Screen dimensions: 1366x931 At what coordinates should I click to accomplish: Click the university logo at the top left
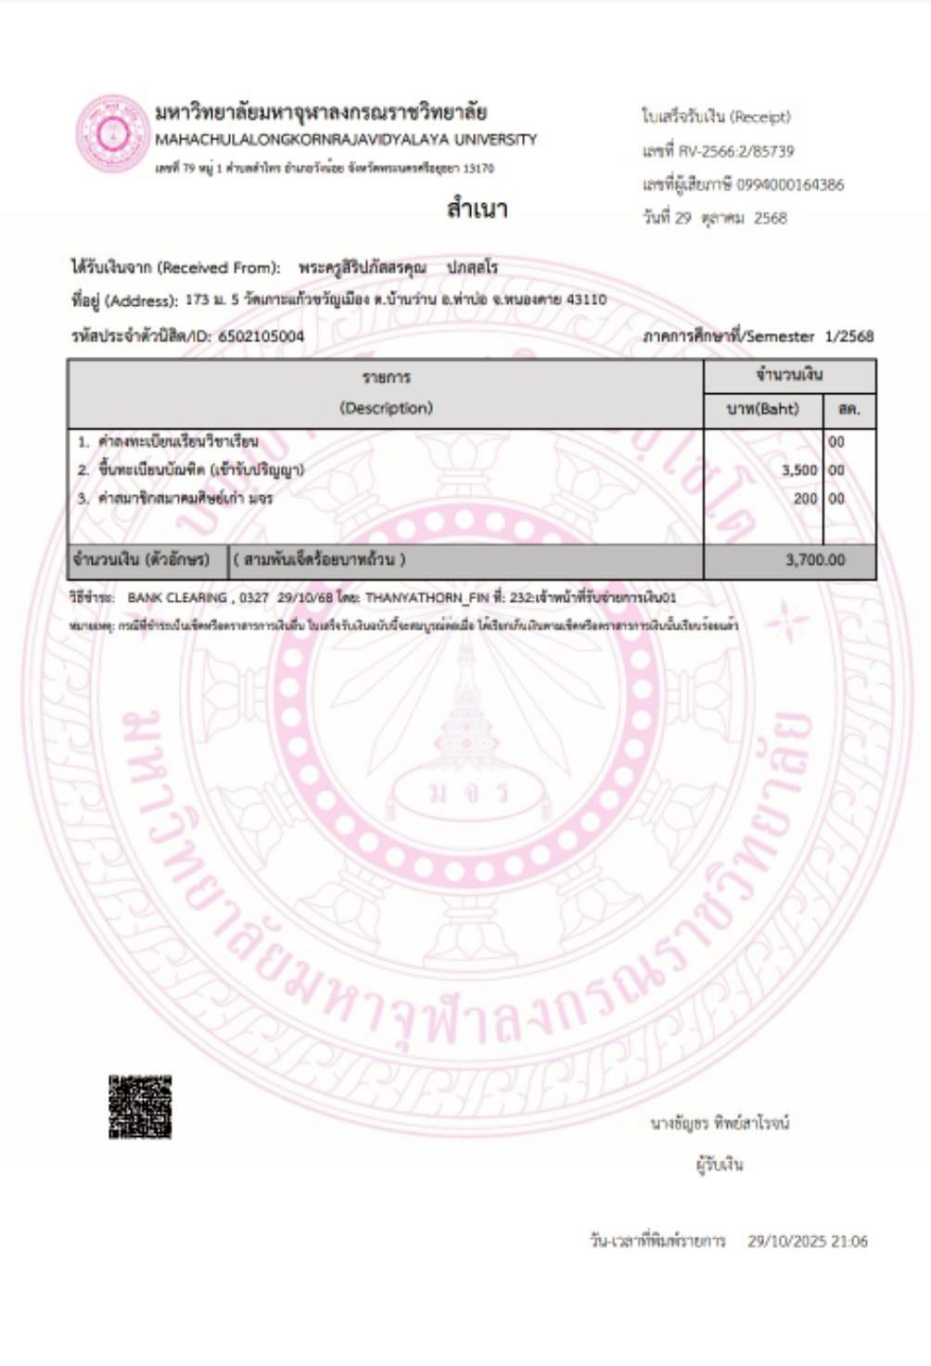point(112,133)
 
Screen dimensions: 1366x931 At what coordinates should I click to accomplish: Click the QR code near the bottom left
point(140,1106)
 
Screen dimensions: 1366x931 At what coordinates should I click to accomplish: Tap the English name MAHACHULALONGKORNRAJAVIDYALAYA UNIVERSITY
point(346,140)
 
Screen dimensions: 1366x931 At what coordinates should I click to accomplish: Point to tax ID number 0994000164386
point(791,185)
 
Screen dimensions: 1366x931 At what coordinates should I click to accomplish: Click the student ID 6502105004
point(261,337)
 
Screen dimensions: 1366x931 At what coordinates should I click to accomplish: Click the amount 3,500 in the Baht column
point(799,470)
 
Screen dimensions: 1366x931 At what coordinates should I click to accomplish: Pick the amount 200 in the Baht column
point(806,499)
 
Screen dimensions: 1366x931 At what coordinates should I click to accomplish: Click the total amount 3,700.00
point(815,560)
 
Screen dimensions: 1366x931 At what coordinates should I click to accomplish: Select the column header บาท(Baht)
point(763,409)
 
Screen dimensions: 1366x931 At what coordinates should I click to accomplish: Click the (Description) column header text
point(386,408)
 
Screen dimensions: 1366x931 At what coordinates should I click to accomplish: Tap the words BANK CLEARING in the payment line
point(177,598)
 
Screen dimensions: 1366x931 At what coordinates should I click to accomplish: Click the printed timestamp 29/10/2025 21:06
point(808,1241)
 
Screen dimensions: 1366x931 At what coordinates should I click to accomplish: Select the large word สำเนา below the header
point(477,209)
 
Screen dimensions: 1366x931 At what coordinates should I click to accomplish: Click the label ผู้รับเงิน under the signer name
point(720,1164)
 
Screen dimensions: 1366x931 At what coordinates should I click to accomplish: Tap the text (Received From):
point(219,268)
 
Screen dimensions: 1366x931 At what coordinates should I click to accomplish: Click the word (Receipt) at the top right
point(759,117)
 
